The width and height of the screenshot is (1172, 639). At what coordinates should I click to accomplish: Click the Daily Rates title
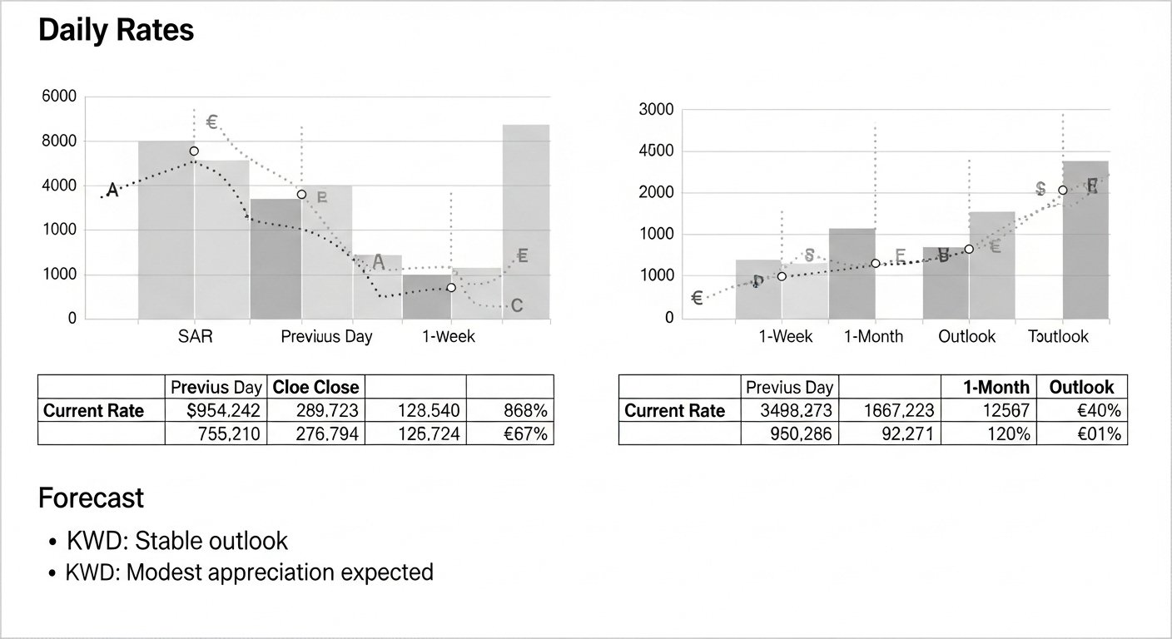point(116,31)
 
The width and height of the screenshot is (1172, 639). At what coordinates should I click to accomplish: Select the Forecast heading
point(91,498)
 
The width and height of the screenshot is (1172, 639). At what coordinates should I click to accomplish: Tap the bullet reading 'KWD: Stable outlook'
point(177,541)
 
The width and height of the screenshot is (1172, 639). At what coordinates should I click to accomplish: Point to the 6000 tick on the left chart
point(58,97)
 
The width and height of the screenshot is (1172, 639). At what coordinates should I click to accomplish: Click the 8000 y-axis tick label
point(58,141)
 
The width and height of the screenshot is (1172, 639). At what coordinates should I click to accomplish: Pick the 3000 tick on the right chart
point(655,110)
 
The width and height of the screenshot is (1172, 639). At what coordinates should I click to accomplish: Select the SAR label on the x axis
point(196,337)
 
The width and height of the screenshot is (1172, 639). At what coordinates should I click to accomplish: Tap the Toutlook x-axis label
point(1058,337)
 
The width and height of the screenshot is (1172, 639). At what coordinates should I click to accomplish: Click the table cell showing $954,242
point(216,410)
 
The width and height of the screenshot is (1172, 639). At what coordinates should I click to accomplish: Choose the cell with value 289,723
point(315,410)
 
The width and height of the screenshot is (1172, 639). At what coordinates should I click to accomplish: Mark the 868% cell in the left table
point(509,410)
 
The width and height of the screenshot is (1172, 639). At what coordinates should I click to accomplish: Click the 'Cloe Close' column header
point(315,387)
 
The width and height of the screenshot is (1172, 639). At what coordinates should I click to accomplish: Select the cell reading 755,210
point(216,433)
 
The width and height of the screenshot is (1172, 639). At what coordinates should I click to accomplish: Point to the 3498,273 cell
point(790,410)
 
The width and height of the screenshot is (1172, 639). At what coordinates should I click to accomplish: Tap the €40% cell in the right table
point(1082,410)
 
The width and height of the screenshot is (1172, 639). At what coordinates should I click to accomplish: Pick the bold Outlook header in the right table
point(1081,387)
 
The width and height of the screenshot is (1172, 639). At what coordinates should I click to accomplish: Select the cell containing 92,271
point(890,433)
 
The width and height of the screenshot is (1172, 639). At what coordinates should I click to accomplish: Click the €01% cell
point(1082,433)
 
